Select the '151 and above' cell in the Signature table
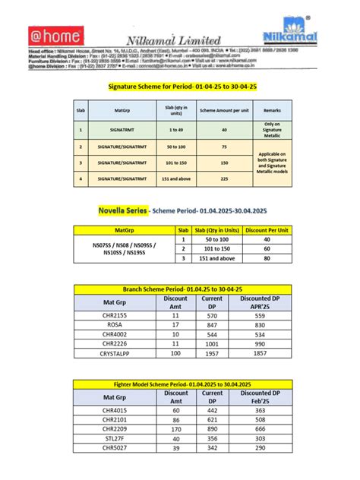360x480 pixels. pos(175,179)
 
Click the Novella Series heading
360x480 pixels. pos(122,209)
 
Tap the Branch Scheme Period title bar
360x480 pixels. pos(182,290)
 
